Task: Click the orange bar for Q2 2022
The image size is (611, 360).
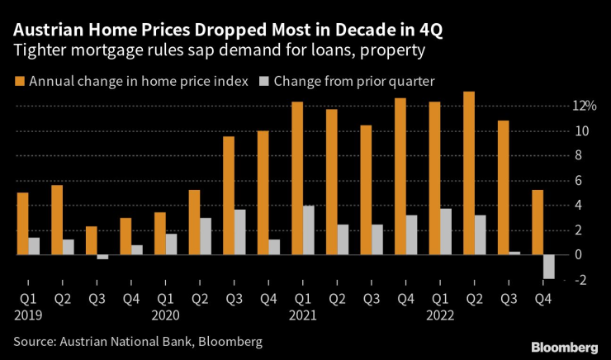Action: tap(469, 173)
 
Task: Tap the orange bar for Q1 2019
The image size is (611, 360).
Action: tap(22, 224)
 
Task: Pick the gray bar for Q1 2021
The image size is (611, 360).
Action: tap(309, 230)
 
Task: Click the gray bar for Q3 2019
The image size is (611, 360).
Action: tap(102, 258)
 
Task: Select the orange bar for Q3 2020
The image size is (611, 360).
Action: tap(229, 196)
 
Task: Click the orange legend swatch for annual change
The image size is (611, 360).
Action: tap(18, 81)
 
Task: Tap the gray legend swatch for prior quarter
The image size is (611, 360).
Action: tap(263, 81)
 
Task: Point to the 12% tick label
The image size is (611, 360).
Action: tap(585, 106)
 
